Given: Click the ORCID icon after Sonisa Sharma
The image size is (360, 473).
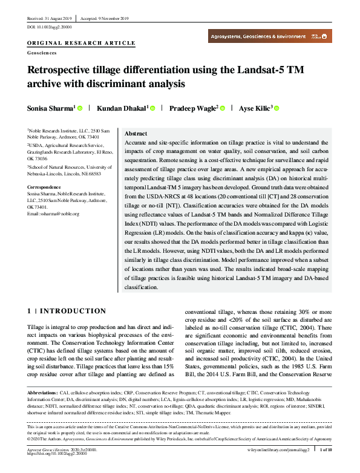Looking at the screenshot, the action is point(80,108).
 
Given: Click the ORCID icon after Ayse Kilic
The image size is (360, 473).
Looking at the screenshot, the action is point(277,108).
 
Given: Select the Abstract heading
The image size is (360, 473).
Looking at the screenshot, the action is point(136,133).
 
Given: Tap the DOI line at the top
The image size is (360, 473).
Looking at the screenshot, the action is point(50,27).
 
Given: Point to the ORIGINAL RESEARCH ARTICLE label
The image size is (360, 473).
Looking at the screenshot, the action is point(81,44).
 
